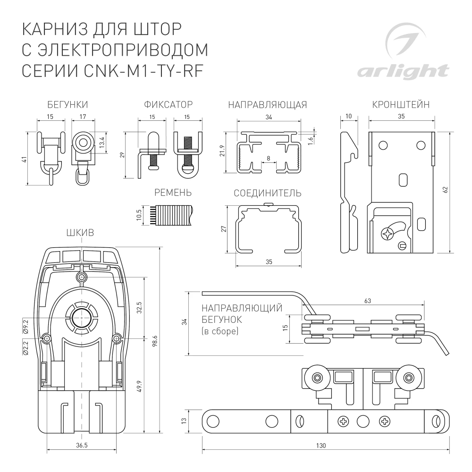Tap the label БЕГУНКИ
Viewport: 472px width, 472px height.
pyautogui.click(x=67, y=105)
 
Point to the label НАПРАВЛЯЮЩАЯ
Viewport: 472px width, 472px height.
pyautogui.click(x=267, y=105)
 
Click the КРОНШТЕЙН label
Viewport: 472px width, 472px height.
pyautogui.click(x=400, y=105)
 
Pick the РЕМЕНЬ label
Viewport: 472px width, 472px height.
pyautogui.click(x=173, y=193)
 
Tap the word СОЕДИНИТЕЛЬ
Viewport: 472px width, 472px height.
pyautogui.click(x=268, y=194)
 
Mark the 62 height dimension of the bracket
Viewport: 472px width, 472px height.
pyautogui.click(x=445, y=190)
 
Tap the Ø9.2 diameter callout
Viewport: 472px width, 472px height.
pyautogui.click(x=26, y=326)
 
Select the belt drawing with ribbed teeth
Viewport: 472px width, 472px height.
pyautogui.click(x=172, y=215)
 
